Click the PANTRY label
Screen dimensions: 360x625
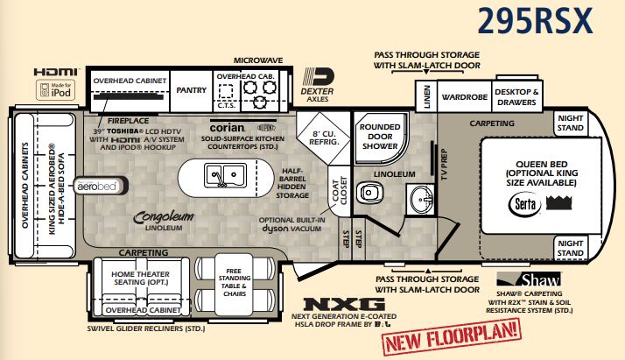(191, 88)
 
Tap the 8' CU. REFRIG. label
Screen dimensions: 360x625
(324, 139)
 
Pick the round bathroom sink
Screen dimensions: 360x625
(418, 195)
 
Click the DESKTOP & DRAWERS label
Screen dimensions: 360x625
(517, 95)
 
